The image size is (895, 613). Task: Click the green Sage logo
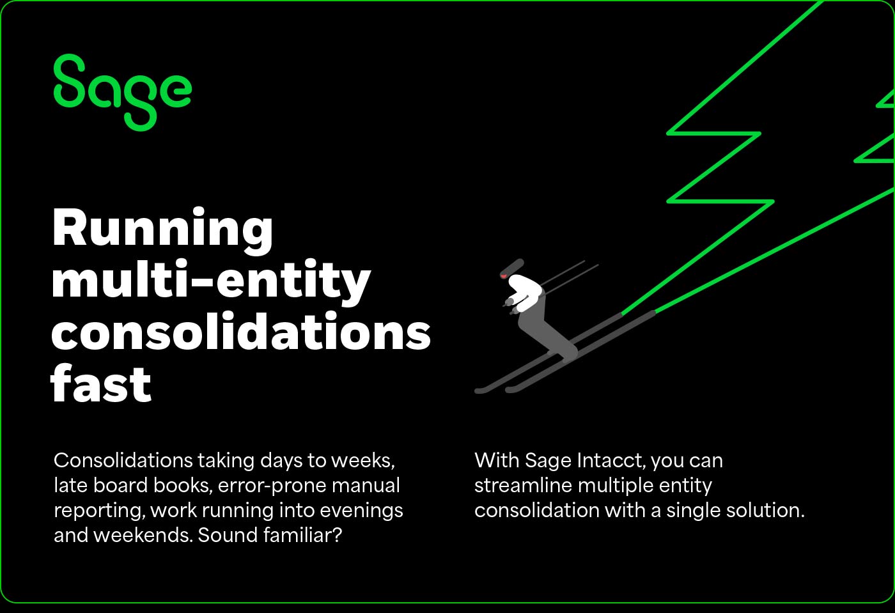point(121,91)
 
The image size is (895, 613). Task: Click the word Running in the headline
point(162,229)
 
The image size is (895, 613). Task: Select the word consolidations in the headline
point(240,332)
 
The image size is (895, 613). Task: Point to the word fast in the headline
point(101,384)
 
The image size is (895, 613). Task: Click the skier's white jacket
point(526,291)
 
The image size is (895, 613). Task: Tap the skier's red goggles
point(504,276)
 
